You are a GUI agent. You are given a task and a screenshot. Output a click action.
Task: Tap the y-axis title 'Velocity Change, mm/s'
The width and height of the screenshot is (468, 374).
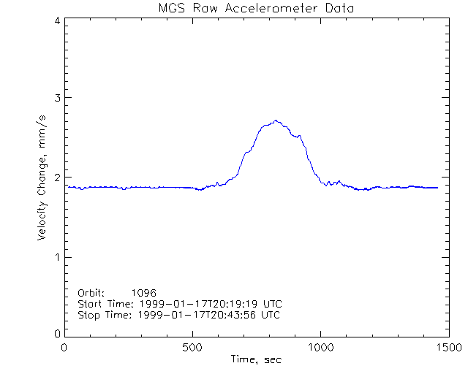[x=45, y=178]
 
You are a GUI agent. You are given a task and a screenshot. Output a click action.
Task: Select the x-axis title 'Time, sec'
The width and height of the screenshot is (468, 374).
[x=256, y=359]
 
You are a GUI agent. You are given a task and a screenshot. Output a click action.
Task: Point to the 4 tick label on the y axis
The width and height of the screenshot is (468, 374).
[x=56, y=20]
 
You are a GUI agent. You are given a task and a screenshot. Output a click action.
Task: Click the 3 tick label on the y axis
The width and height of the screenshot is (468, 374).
[x=56, y=98]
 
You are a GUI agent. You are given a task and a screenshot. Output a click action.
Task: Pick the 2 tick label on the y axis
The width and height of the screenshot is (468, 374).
[x=56, y=178]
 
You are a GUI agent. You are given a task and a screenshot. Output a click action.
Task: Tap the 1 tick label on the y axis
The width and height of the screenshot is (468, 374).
[x=56, y=257]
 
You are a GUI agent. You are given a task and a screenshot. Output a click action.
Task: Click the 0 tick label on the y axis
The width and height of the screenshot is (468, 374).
[x=56, y=334]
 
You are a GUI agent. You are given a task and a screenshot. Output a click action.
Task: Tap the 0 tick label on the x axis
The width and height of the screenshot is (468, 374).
[x=65, y=347]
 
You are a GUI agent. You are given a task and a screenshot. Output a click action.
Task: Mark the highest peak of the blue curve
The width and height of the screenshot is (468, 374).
[x=276, y=121]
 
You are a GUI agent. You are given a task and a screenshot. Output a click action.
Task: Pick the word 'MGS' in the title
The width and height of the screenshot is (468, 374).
[x=171, y=8]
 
